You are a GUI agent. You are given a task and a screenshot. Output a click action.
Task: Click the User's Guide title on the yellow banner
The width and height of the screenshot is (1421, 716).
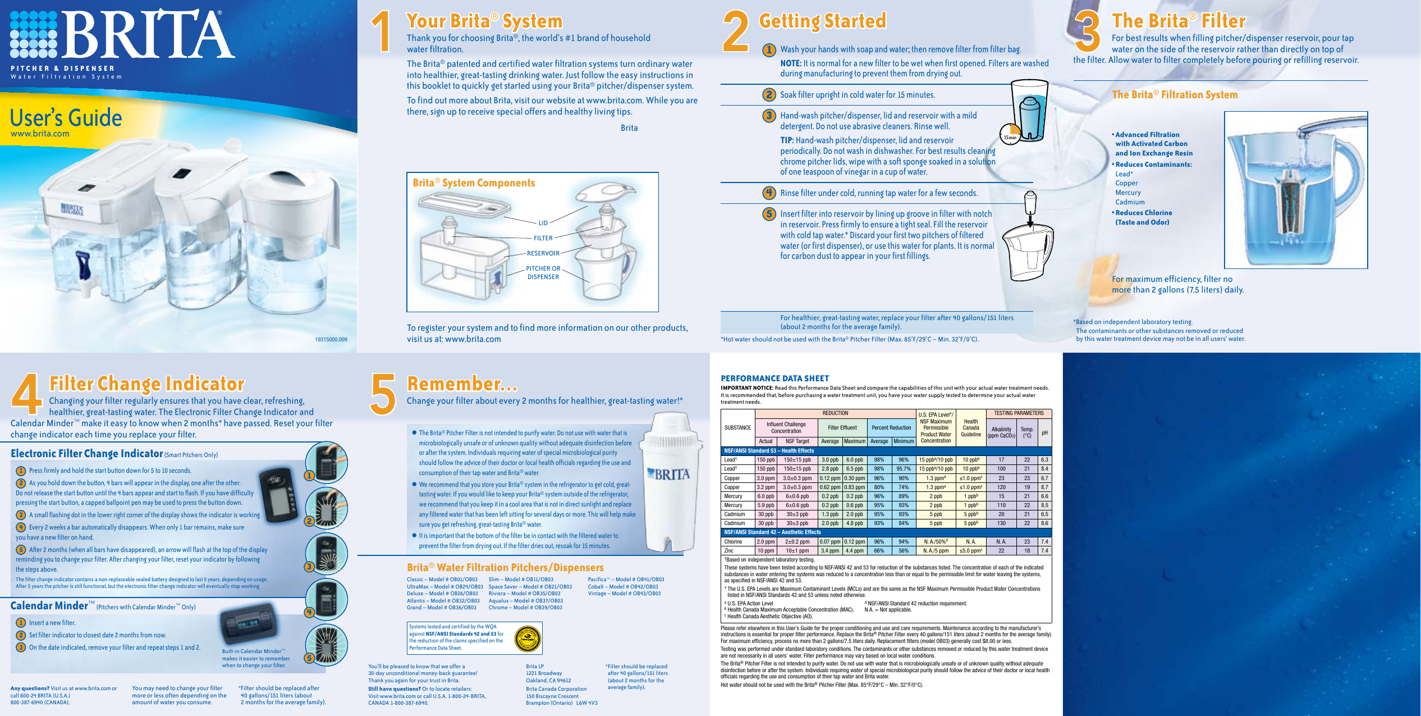pos(66,118)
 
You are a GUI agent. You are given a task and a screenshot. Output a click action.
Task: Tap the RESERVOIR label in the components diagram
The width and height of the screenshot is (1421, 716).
pos(543,253)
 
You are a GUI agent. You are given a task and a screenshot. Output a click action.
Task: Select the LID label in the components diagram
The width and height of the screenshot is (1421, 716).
pos(543,223)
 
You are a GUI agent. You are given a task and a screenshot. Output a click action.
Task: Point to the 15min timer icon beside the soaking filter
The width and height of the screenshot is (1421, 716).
pos(1010,136)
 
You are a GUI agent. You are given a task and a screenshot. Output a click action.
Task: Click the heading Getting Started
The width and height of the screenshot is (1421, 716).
pos(822,21)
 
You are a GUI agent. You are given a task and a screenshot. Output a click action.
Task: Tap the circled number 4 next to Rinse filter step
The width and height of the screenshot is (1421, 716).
pos(769,193)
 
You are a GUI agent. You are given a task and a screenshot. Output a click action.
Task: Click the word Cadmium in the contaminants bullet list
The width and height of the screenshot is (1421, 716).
pos(1130,202)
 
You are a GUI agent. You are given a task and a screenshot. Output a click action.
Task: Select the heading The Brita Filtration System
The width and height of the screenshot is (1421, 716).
pos(1174,95)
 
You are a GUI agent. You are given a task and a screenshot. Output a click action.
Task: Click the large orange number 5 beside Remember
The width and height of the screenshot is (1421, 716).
pos(383,394)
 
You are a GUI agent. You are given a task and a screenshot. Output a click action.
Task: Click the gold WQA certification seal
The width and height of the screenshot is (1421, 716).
pos(528,639)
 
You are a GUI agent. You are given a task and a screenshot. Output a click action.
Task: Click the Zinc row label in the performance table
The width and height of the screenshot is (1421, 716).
pos(728,551)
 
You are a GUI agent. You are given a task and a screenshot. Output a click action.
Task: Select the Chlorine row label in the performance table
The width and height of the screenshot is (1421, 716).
pos(733,542)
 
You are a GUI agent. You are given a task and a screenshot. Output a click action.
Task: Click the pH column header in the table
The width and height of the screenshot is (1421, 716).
pos(1044,433)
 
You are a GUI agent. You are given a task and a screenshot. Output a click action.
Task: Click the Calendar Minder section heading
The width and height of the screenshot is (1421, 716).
pos(49,606)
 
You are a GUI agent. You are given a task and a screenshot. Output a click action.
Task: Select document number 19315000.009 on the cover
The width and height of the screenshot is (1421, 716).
pos(331,339)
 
